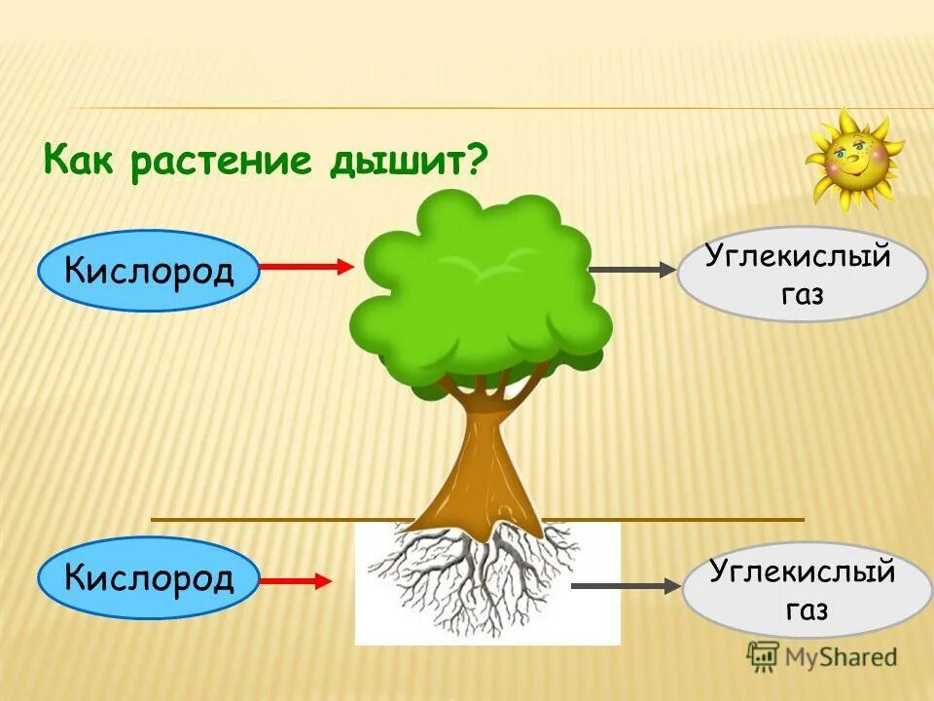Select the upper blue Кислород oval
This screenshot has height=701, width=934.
coord(149,270)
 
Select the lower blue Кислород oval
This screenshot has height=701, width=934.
coord(149,578)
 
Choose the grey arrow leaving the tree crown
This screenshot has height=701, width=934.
coord(632,270)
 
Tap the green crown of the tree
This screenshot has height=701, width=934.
coord(477,292)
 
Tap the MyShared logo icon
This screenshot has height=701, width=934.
coord(761,656)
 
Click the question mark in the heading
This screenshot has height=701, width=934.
coord(475,159)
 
